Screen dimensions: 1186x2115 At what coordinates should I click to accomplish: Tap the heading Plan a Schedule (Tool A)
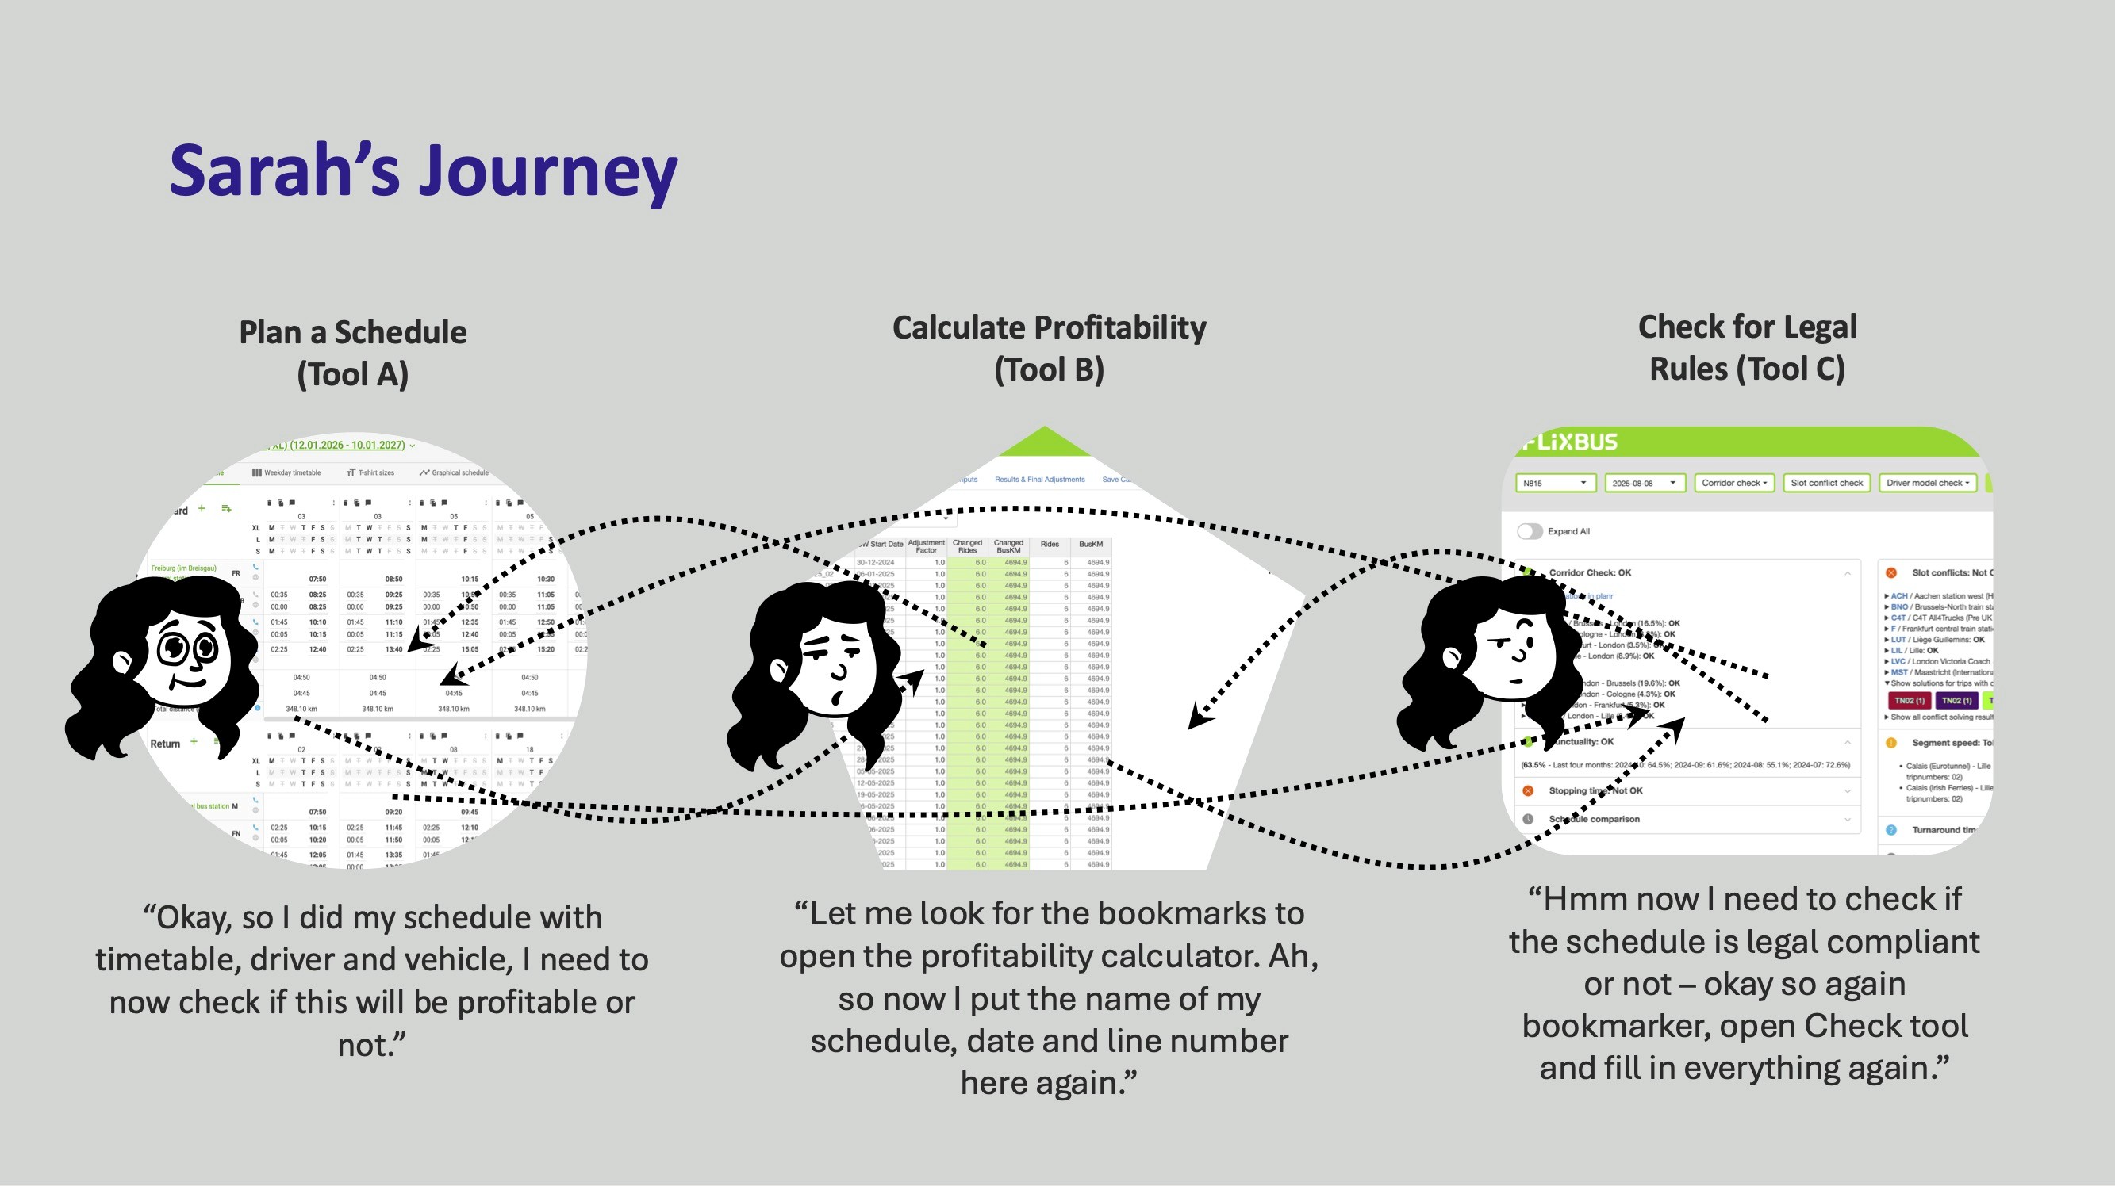(x=352, y=353)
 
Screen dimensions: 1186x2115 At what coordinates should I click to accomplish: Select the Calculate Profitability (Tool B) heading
(x=1049, y=348)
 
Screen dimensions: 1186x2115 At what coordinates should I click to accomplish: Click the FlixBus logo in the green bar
(x=1569, y=442)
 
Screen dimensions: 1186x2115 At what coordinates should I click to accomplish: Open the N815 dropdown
(x=1554, y=484)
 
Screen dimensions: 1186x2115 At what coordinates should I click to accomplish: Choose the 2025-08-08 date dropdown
(x=1644, y=484)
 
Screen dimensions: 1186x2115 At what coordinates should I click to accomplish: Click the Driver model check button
(x=1927, y=484)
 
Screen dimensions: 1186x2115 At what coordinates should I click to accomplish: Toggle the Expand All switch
(x=1530, y=531)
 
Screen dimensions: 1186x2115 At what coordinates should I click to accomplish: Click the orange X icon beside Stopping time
(x=1528, y=790)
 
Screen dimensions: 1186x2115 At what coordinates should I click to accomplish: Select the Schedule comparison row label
(x=1594, y=819)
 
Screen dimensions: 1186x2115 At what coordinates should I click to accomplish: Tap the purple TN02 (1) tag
(x=1956, y=700)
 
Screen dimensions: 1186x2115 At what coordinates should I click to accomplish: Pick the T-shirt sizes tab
(x=370, y=472)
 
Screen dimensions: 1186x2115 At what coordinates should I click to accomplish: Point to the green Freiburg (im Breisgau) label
(x=183, y=568)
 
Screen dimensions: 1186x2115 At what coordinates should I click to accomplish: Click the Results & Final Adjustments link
(x=1039, y=480)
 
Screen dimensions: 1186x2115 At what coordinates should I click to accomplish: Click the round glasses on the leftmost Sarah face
(x=188, y=648)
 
